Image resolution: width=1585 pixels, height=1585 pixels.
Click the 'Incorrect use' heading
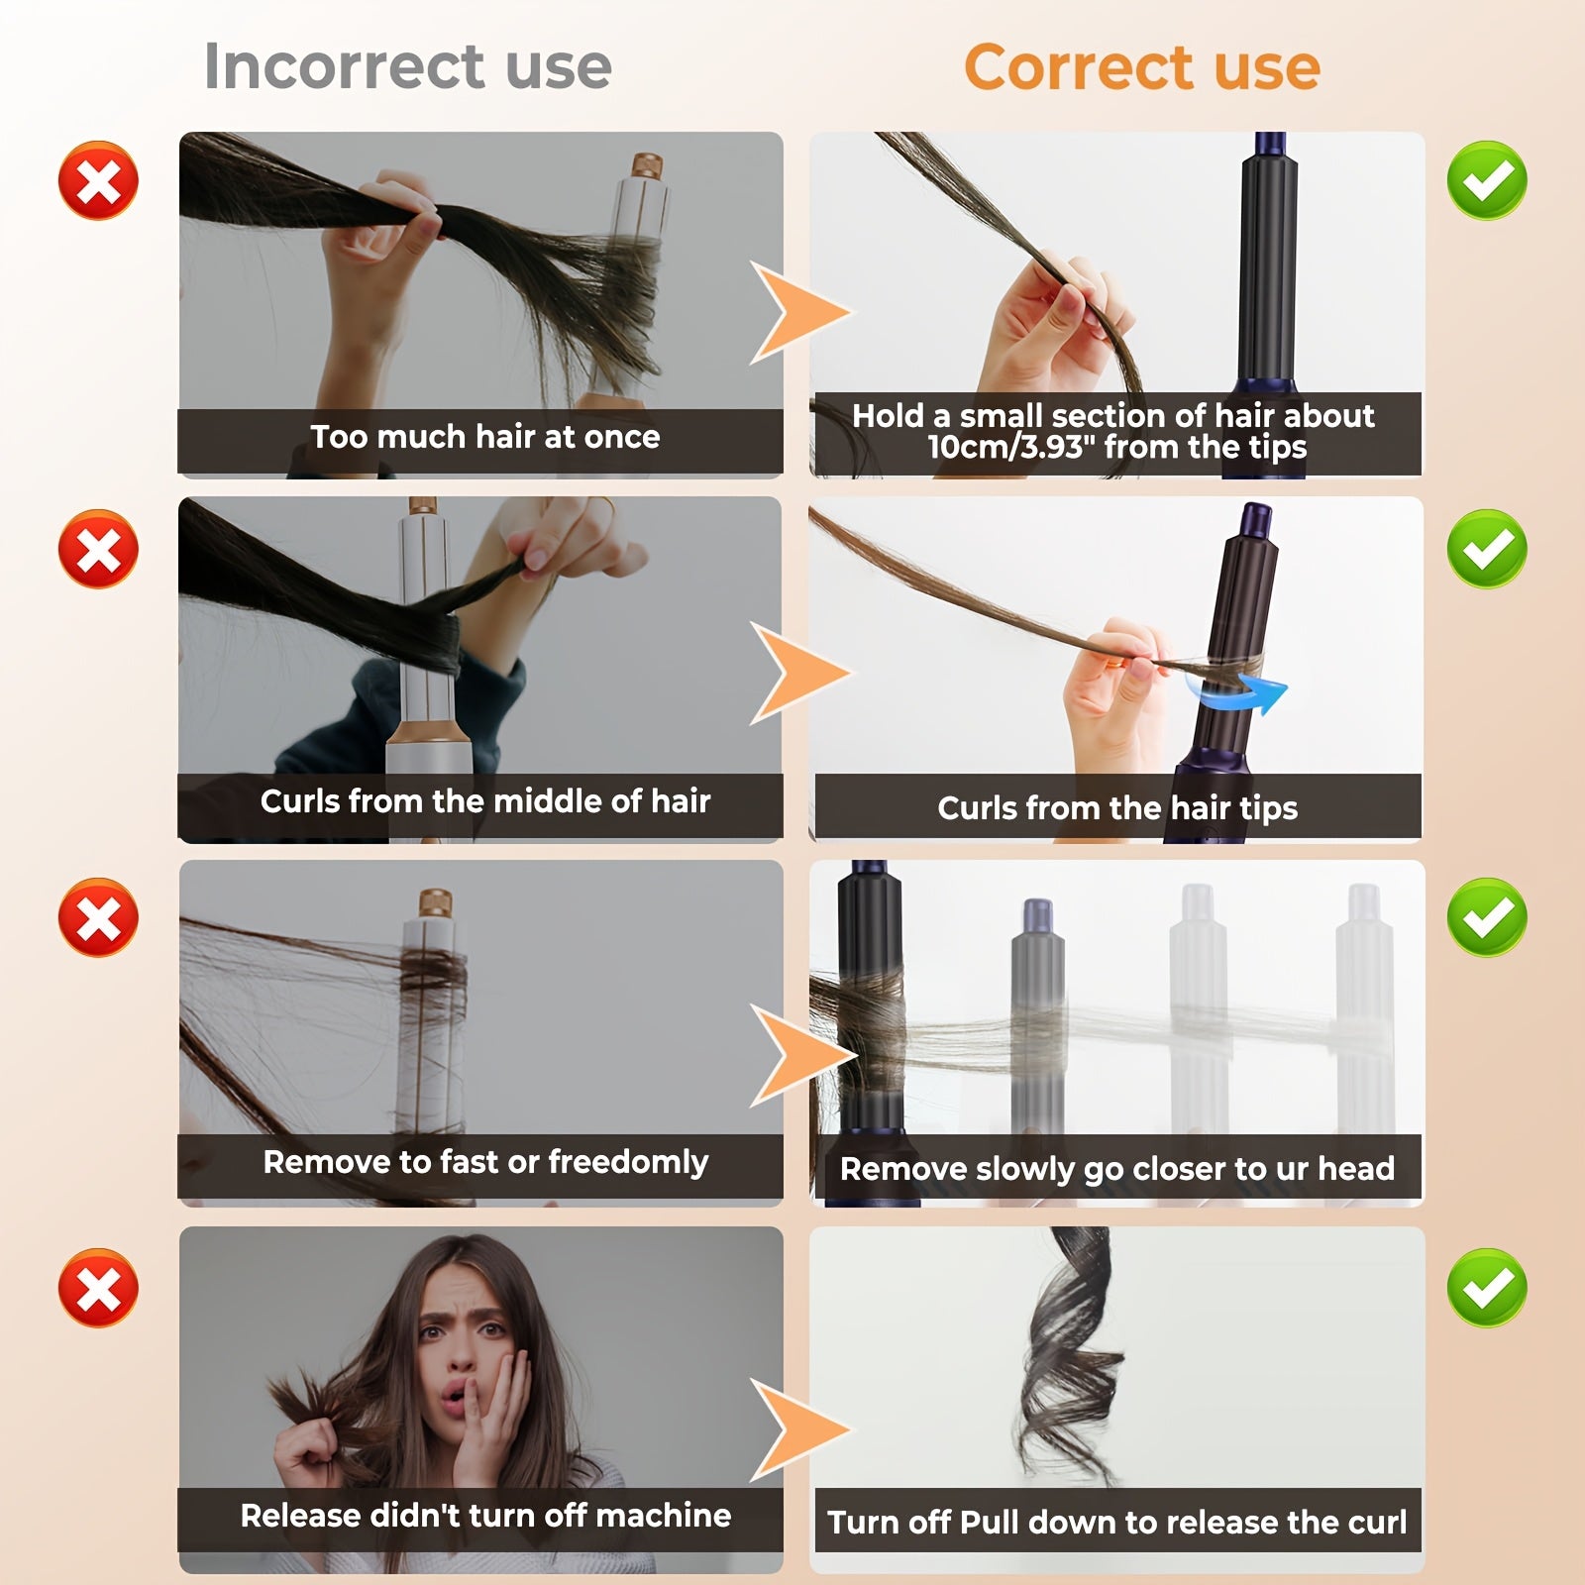407,66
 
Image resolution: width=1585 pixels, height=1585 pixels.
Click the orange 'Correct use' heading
1141,67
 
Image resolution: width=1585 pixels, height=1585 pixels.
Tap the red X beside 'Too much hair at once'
98,180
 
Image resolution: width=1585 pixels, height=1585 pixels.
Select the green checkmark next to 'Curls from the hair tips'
1486,549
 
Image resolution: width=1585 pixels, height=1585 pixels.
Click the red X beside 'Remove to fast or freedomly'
98,917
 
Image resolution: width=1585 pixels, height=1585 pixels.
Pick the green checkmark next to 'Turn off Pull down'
1486,1287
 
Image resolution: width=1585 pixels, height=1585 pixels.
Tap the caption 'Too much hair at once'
484,437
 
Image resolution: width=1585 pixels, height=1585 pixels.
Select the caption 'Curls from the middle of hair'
484,801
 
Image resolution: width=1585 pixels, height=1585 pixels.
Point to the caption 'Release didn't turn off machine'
484,1516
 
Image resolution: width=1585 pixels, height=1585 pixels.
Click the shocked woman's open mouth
453,1400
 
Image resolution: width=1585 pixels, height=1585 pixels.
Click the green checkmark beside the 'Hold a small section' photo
1486,180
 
